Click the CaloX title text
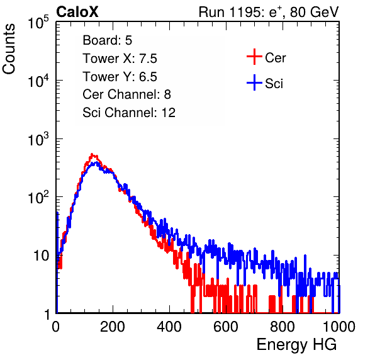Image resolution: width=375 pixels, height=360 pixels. [x=77, y=12]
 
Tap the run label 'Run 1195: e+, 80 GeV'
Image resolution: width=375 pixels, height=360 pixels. [x=269, y=12]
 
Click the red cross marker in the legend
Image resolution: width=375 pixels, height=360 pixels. [x=254, y=57]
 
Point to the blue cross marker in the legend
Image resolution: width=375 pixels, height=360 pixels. [x=254, y=82]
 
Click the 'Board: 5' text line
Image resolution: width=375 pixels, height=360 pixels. [x=108, y=40]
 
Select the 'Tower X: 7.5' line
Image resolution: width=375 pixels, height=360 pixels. [x=120, y=59]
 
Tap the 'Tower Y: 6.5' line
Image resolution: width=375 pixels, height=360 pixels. [x=120, y=77]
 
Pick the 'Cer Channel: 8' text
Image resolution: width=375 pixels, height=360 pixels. [x=126, y=94]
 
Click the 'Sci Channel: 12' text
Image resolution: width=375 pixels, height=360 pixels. [x=129, y=113]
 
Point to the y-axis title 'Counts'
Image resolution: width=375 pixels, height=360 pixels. [x=9, y=49]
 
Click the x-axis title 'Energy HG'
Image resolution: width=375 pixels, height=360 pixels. [x=296, y=345]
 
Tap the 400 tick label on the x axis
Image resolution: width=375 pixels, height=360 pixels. [x=169, y=326]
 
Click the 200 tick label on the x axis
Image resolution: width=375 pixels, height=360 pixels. [x=113, y=326]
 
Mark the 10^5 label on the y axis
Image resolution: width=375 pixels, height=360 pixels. [x=38, y=22]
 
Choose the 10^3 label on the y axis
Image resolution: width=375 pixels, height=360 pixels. [x=38, y=139]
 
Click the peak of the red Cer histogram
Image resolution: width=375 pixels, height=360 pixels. [x=92, y=154]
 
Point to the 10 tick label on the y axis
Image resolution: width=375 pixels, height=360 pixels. [x=41, y=256]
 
